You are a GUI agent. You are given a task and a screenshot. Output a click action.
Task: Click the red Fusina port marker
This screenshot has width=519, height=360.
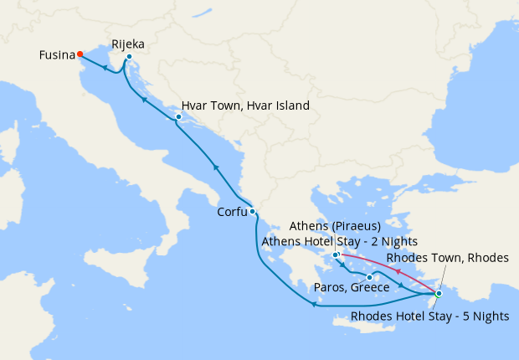80,54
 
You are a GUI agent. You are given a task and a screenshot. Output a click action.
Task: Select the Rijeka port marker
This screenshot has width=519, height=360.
129,57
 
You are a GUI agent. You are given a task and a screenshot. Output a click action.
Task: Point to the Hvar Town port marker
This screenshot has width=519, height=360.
178,116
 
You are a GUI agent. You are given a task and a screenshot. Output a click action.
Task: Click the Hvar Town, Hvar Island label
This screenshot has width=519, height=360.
245,106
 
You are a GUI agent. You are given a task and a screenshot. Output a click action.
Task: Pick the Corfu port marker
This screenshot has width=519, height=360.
252,211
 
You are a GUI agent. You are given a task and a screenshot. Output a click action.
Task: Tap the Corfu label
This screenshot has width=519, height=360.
232,212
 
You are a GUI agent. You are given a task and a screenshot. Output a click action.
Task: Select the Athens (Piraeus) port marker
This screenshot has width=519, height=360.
335,255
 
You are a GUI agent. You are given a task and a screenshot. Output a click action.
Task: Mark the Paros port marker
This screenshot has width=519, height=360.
369,277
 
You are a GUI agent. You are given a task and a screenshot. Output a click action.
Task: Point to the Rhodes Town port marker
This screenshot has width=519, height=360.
439,293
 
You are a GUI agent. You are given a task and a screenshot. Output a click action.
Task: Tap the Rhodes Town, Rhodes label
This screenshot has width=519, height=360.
447,258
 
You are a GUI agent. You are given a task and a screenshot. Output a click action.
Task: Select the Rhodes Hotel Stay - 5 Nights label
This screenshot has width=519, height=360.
429,316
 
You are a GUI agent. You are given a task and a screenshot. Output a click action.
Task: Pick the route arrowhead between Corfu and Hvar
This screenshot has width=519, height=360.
216,167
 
